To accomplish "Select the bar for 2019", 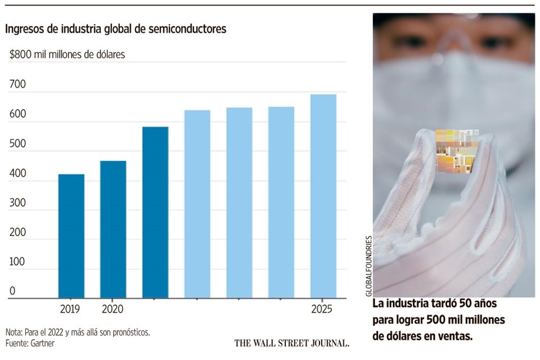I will pyautogui.click(x=71, y=236).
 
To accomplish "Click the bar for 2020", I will pyautogui.click(x=113, y=229).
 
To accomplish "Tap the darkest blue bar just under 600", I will pyautogui.click(x=155, y=212).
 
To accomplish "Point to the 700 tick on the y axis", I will pyautogui.click(x=19, y=85).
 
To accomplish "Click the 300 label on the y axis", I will pyautogui.click(x=19, y=203).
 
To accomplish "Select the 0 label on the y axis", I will pyautogui.click(x=12, y=291).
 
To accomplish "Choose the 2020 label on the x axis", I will pyautogui.click(x=113, y=309).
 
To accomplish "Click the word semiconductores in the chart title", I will pyautogui.click(x=184, y=29).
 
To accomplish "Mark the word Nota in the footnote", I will pyautogui.click(x=15, y=332).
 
